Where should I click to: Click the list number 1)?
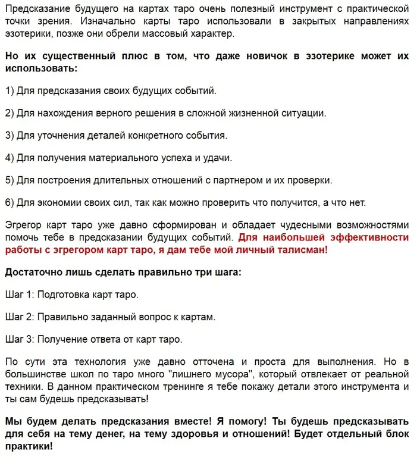[10, 91]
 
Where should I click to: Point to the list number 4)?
[10, 158]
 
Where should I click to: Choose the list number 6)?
[10, 202]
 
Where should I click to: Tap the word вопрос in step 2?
[140, 317]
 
